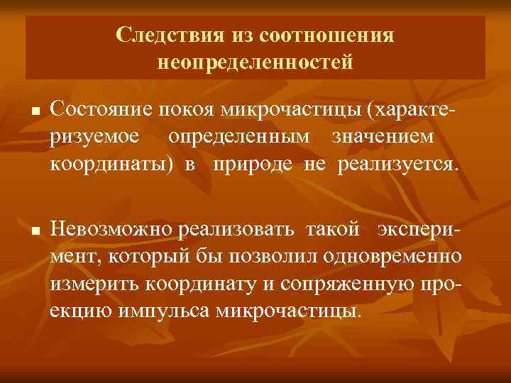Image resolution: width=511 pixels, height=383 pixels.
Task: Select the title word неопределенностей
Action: click(255, 63)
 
